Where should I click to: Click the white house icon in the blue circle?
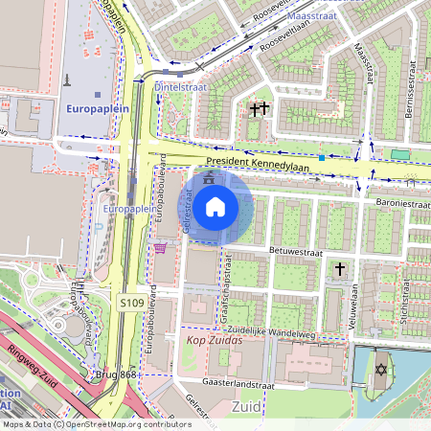click(x=215, y=206)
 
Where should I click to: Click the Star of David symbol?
click(x=380, y=369)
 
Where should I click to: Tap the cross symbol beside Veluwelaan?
click(x=340, y=270)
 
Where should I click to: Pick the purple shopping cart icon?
click(x=160, y=248)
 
